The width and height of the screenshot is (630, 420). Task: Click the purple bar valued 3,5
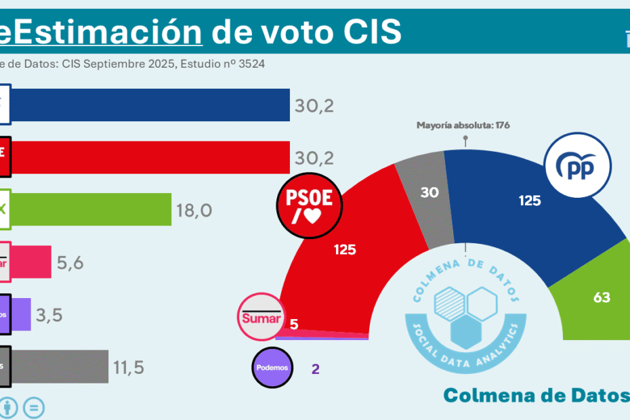21,314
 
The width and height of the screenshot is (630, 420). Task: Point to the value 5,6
70,262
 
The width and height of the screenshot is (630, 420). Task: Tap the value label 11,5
129,367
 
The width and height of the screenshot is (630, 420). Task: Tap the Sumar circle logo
260,316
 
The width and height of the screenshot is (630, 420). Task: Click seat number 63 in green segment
602,297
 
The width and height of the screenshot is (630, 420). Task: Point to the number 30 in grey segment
429,192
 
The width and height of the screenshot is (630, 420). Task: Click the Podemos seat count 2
315,369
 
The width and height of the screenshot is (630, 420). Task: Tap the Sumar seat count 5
293,324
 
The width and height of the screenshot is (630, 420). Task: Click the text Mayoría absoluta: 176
463,125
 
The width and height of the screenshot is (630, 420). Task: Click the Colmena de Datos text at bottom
535,396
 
